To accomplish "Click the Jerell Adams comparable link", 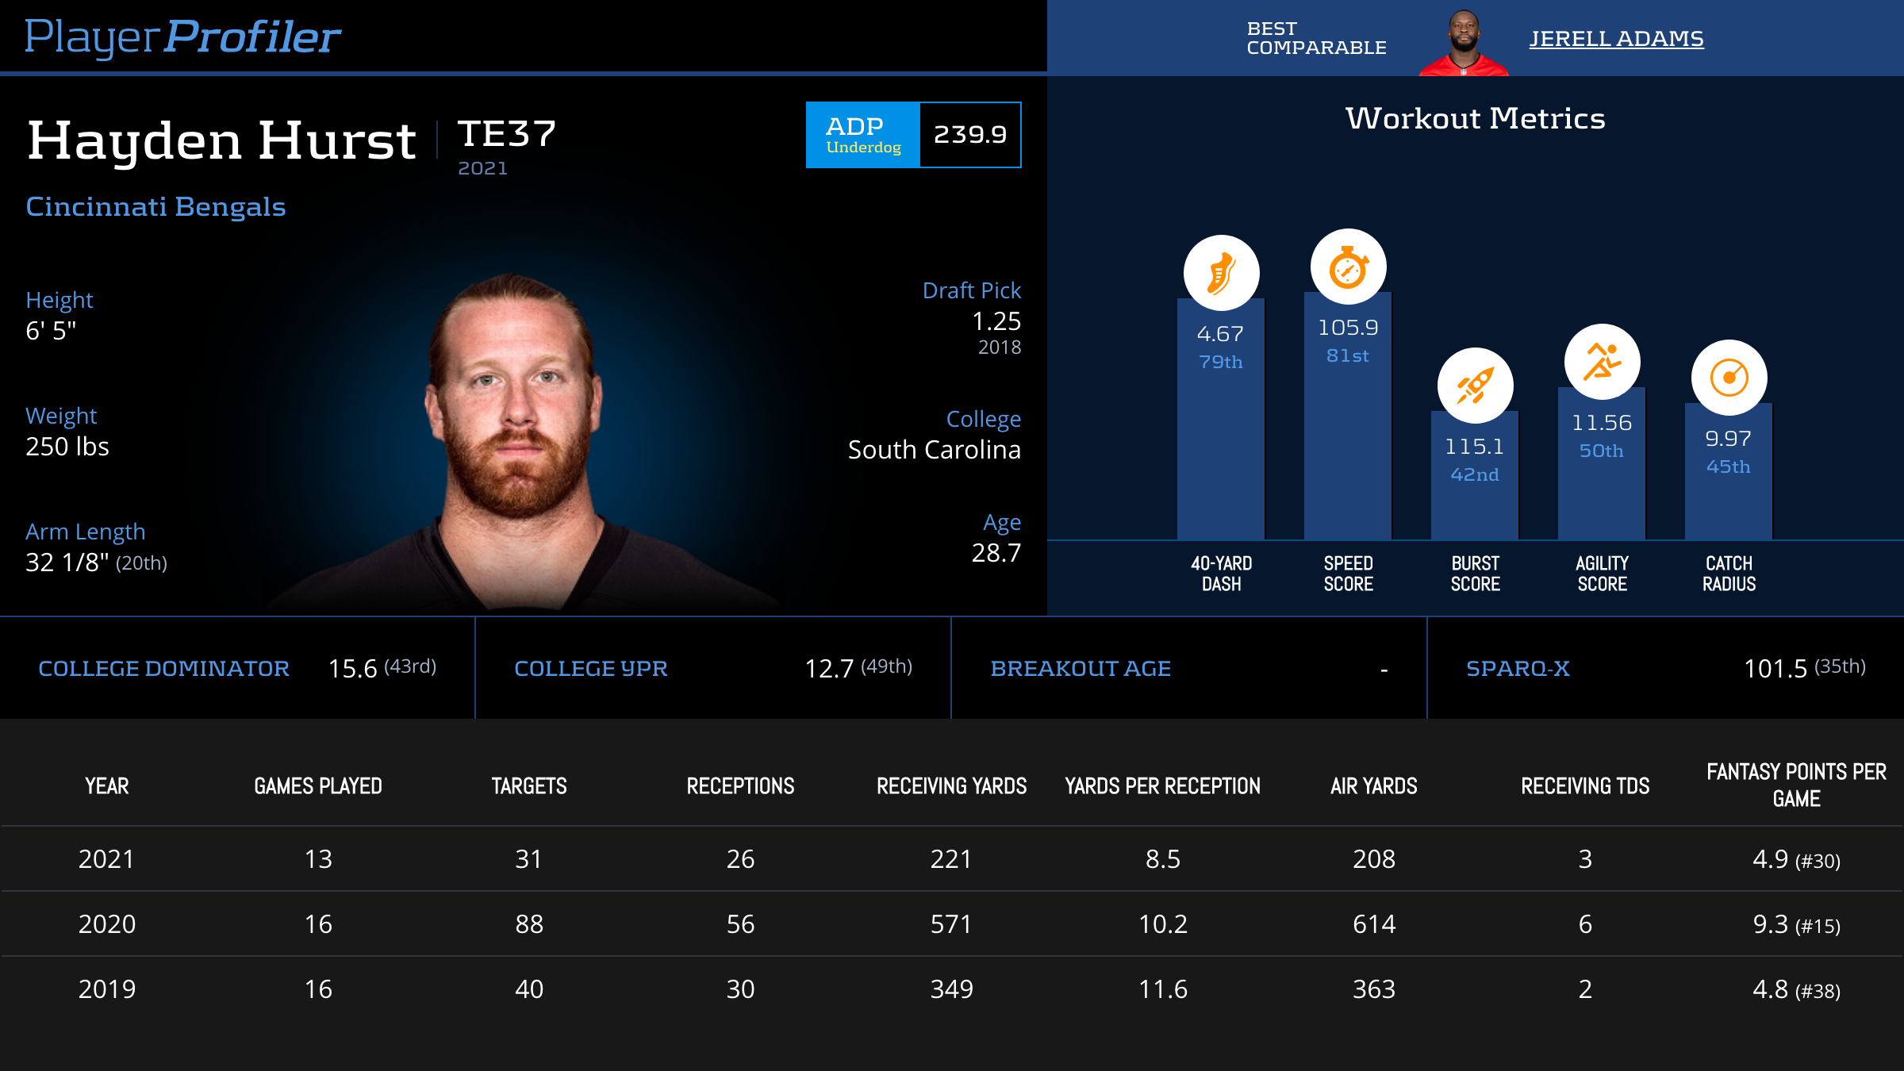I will point(1616,39).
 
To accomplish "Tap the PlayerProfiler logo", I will point(182,37).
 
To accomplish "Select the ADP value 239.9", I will point(969,135).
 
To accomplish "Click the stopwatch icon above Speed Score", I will point(1348,267).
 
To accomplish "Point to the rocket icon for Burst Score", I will point(1475,386).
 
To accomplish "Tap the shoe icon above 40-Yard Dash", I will point(1221,273).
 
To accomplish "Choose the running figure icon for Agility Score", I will point(1602,363).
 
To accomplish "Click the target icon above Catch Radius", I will point(1729,378).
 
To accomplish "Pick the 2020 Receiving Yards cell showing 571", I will point(950,924).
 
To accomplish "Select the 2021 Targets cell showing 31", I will point(528,859).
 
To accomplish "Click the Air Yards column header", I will point(1373,786).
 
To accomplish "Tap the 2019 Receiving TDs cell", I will point(1584,989).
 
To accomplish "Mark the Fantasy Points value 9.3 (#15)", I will point(1795,924).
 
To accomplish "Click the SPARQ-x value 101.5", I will point(1775,669).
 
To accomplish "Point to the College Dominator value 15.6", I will point(353,669).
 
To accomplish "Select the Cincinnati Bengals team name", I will point(155,207).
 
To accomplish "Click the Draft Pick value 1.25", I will point(996,321).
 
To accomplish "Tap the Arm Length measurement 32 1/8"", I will point(67,562).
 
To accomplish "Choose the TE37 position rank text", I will point(507,134).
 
